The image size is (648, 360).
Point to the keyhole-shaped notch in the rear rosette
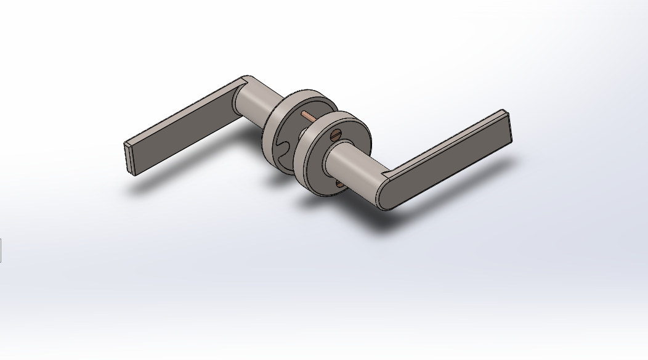285,150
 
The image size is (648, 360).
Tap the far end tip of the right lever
508,129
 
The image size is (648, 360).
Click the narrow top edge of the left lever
185,111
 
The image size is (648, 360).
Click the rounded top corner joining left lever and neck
246,80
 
